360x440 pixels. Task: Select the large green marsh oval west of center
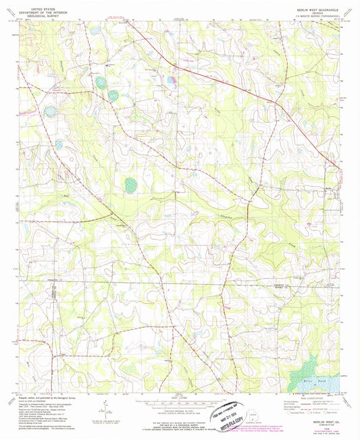[x=131, y=184]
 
